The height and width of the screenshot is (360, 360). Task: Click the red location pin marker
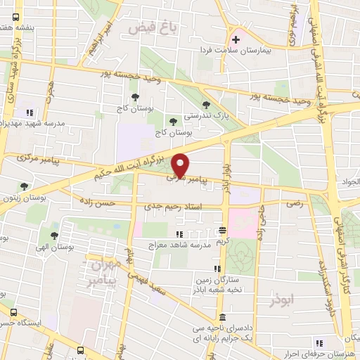[x=181, y=165]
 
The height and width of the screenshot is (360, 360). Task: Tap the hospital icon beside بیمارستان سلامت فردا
[x=236, y=39]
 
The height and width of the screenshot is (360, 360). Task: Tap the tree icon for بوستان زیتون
[x=25, y=186]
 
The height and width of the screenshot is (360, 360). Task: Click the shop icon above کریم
[x=222, y=230]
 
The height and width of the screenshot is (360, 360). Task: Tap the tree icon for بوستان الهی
[x=53, y=236]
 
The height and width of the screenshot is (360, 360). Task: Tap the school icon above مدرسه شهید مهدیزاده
[x=30, y=112]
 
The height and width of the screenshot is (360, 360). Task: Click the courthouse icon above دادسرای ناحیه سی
[x=223, y=317]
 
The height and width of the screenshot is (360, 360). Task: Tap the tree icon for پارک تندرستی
[x=205, y=104]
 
